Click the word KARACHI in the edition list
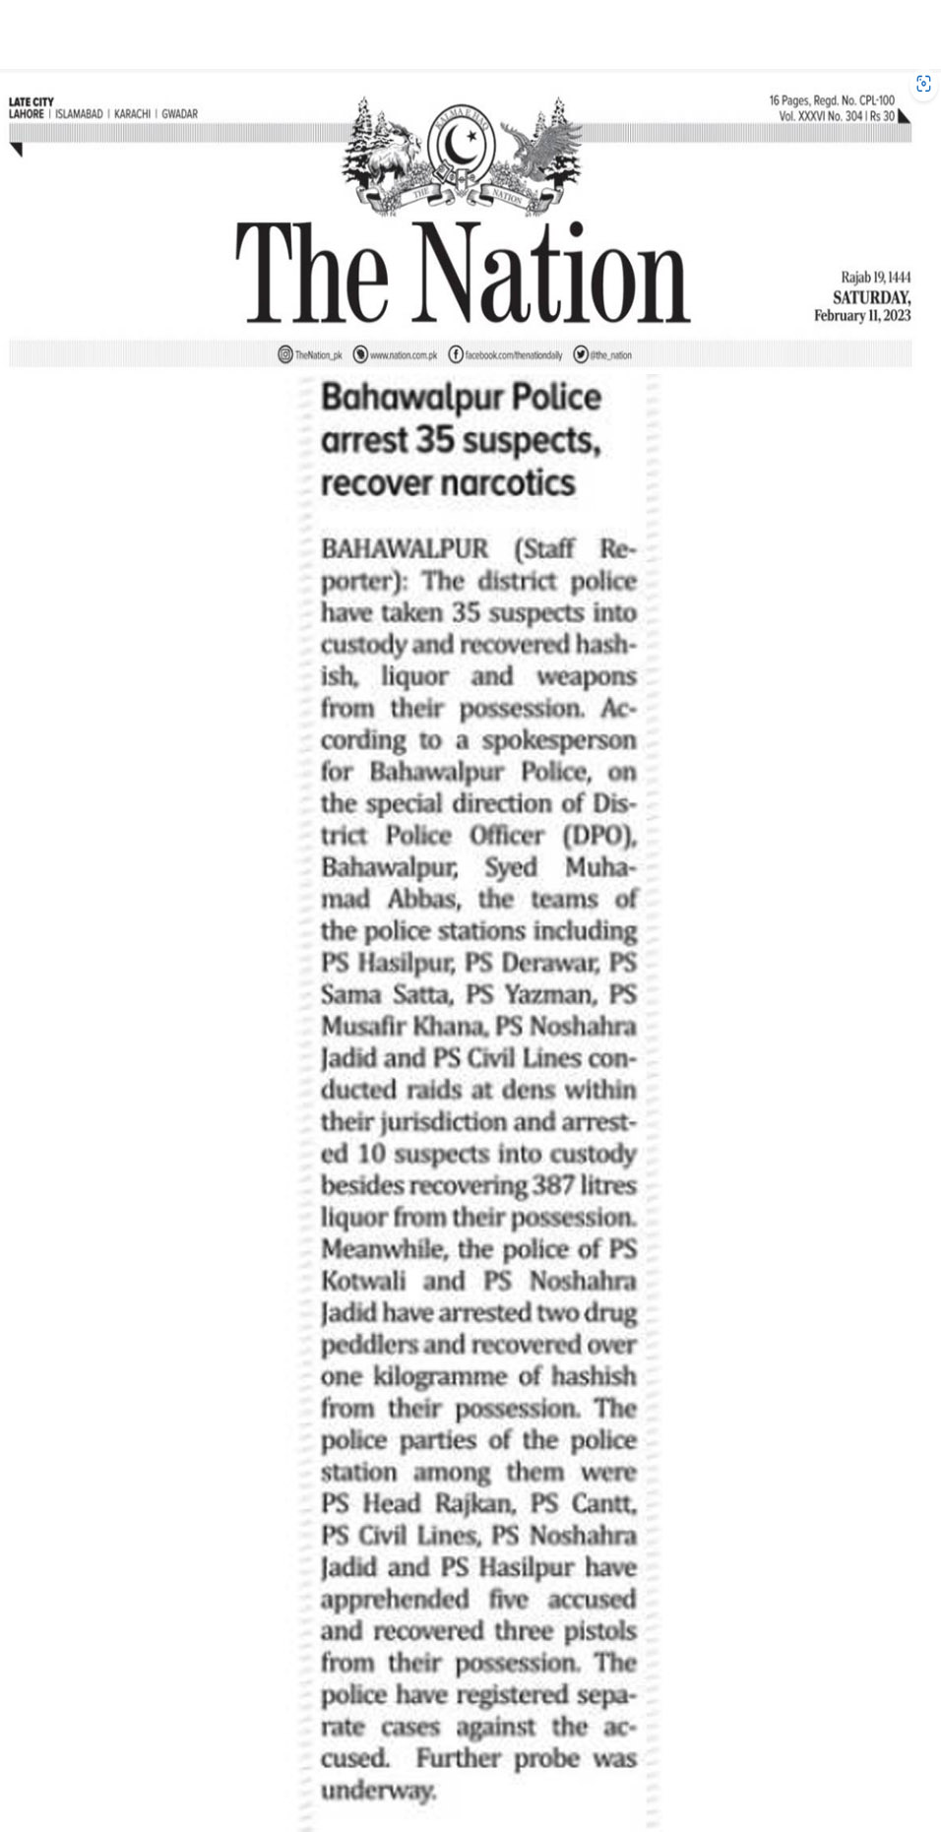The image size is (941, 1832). (x=132, y=114)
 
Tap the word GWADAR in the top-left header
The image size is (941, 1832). (x=179, y=114)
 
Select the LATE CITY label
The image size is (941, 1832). (x=31, y=101)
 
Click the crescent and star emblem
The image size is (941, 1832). (x=462, y=147)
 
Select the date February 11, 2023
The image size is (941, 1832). (x=861, y=316)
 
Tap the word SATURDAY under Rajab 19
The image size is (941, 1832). (x=871, y=297)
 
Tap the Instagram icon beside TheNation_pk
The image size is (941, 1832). (x=284, y=354)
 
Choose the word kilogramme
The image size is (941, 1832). (x=440, y=1376)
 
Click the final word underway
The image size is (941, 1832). (x=378, y=1790)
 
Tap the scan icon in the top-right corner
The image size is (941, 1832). (x=923, y=84)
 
